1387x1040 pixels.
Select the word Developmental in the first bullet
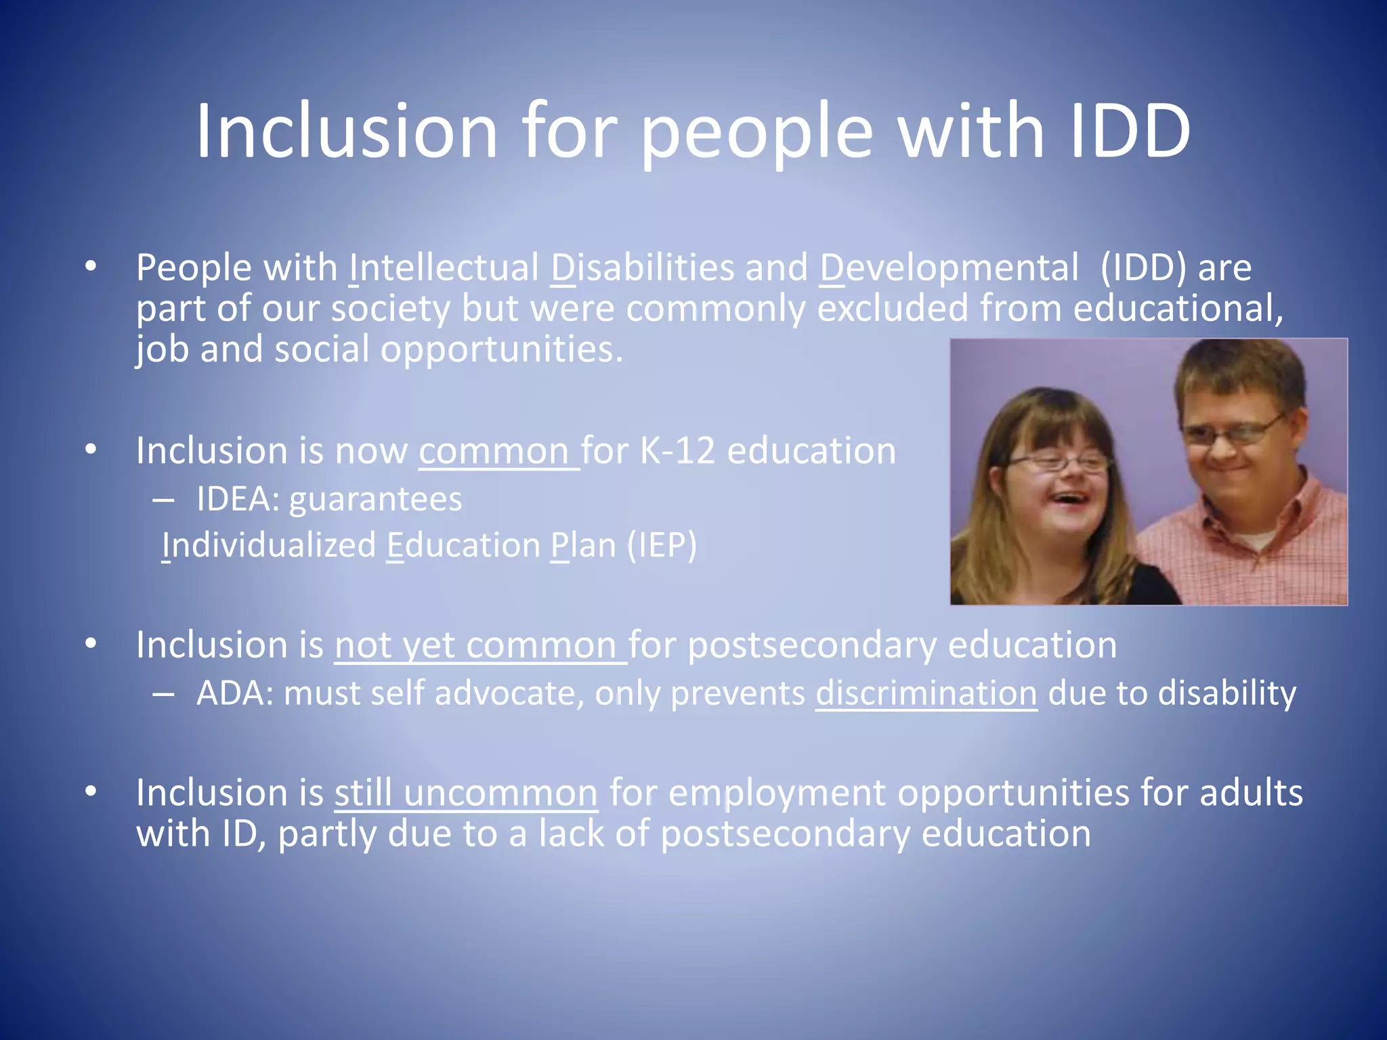point(949,267)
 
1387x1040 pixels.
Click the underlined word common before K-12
point(494,451)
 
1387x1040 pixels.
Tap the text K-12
point(677,451)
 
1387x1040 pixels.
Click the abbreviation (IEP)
point(661,545)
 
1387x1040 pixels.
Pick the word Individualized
point(269,545)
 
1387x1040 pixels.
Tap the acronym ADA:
point(234,693)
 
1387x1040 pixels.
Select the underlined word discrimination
point(926,693)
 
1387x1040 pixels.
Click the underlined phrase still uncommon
point(466,793)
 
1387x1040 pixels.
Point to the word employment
point(776,793)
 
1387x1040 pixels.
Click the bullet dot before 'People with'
point(91,266)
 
